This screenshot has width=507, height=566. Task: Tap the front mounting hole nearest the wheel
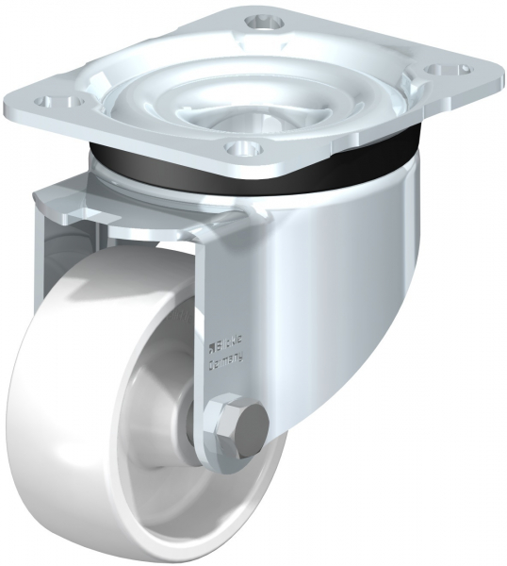pos(241,148)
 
